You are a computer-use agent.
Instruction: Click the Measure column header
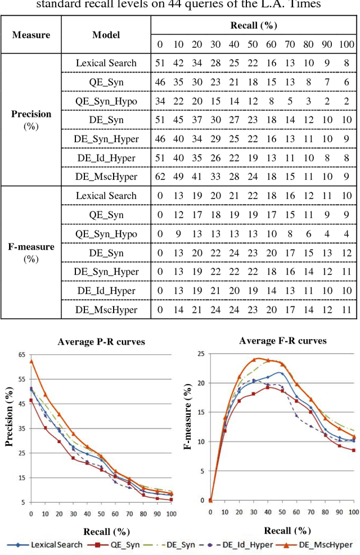coord(31,35)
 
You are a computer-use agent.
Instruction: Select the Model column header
coord(106,35)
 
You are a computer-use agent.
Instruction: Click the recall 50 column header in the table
coord(253,44)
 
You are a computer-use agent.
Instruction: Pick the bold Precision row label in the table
coord(31,114)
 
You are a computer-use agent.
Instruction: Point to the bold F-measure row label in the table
coord(31,247)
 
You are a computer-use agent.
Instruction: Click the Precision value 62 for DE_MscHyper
coord(159,177)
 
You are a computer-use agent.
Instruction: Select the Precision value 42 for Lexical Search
coord(178,62)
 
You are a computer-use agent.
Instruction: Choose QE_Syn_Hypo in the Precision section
coord(106,101)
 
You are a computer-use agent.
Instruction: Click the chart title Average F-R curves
coord(282,341)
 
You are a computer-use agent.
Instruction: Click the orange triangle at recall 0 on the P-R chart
coord(31,362)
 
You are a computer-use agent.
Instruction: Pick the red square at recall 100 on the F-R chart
coord(353,450)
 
